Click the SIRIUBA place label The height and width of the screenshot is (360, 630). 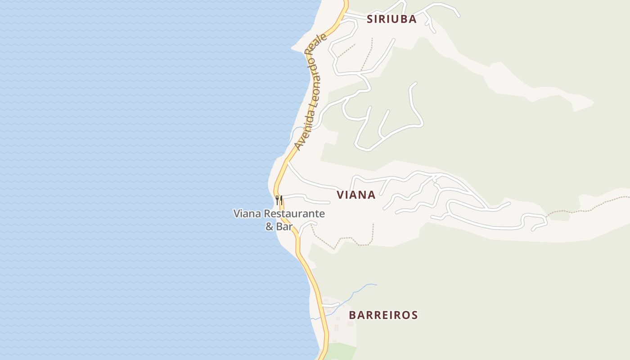pos(391,19)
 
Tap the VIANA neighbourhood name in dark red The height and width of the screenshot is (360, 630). pos(356,194)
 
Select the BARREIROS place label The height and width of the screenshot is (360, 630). pos(383,315)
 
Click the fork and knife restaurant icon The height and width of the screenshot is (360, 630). pos(279,200)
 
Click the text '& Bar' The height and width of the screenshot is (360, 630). pos(279,226)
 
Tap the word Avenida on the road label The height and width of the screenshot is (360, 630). pos(303,131)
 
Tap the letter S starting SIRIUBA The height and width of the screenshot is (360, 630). pos(370,19)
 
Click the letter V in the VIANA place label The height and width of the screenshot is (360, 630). pos(341,194)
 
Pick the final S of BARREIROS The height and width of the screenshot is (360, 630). pos(414,315)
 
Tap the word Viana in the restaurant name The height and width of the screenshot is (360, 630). pos(247,213)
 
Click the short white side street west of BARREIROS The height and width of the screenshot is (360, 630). pos(331,305)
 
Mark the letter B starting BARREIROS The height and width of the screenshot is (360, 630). pos(352,315)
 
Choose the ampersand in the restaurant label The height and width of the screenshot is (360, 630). pos(270,226)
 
